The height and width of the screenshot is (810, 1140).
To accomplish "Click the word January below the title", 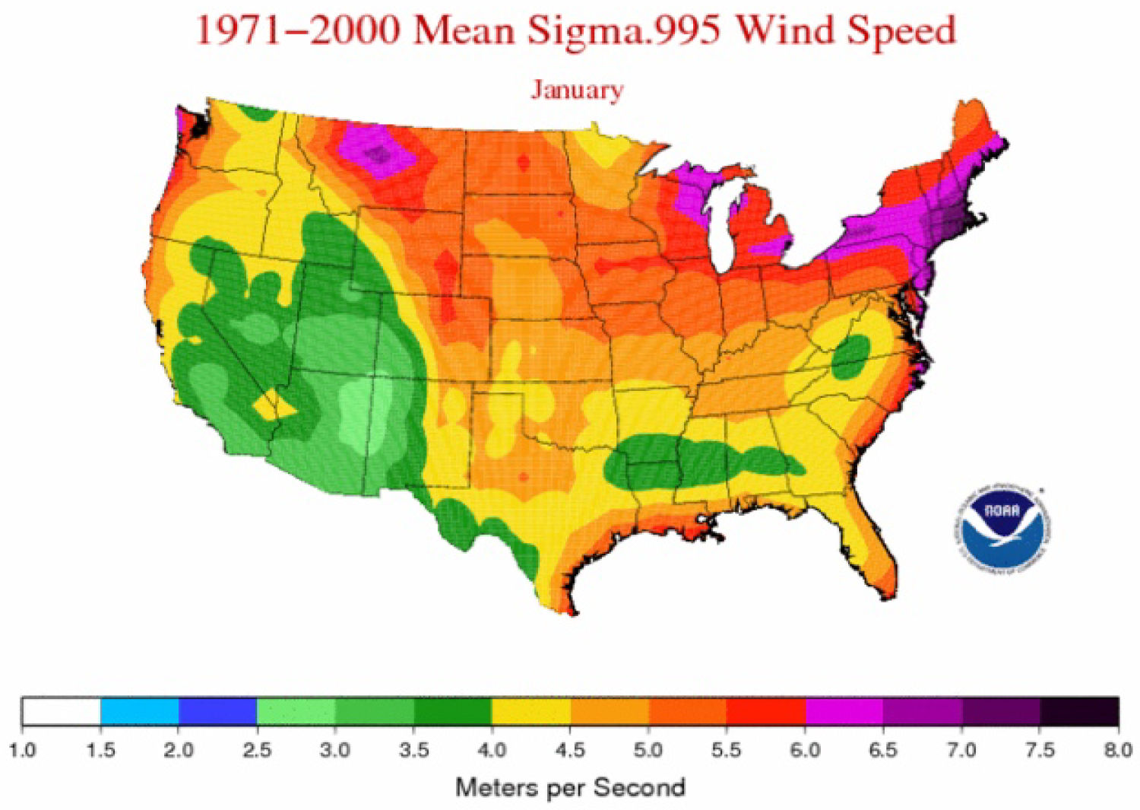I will click(x=577, y=90).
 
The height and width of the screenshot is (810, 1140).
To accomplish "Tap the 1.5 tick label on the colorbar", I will click(x=100, y=751).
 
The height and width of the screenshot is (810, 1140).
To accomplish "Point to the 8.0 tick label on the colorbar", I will click(x=1117, y=751).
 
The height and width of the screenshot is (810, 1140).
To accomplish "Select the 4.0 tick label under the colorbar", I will click(x=492, y=751).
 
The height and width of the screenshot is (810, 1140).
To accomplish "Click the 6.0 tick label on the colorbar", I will click(x=805, y=751).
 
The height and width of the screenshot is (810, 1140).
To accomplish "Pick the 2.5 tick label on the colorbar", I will click(x=257, y=751).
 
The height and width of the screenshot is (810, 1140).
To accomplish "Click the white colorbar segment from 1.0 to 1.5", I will click(x=62, y=711).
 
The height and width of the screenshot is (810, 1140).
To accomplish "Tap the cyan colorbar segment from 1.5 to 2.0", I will click(x=140, y=711).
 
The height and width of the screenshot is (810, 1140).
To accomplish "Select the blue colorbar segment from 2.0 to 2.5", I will click(x=218, y=711).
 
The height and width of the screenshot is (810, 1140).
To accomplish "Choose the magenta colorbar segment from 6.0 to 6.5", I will click(x=844, y=711).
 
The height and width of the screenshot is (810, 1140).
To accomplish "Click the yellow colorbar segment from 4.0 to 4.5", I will click(x=531, y=711).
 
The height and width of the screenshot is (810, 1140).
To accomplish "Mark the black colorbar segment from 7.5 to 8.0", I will click(x=1079, y=711).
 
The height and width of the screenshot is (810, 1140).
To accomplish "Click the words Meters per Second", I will click(x=570, y=787).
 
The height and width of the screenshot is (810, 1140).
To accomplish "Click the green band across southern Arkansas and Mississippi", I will click(x=684, y=460).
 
